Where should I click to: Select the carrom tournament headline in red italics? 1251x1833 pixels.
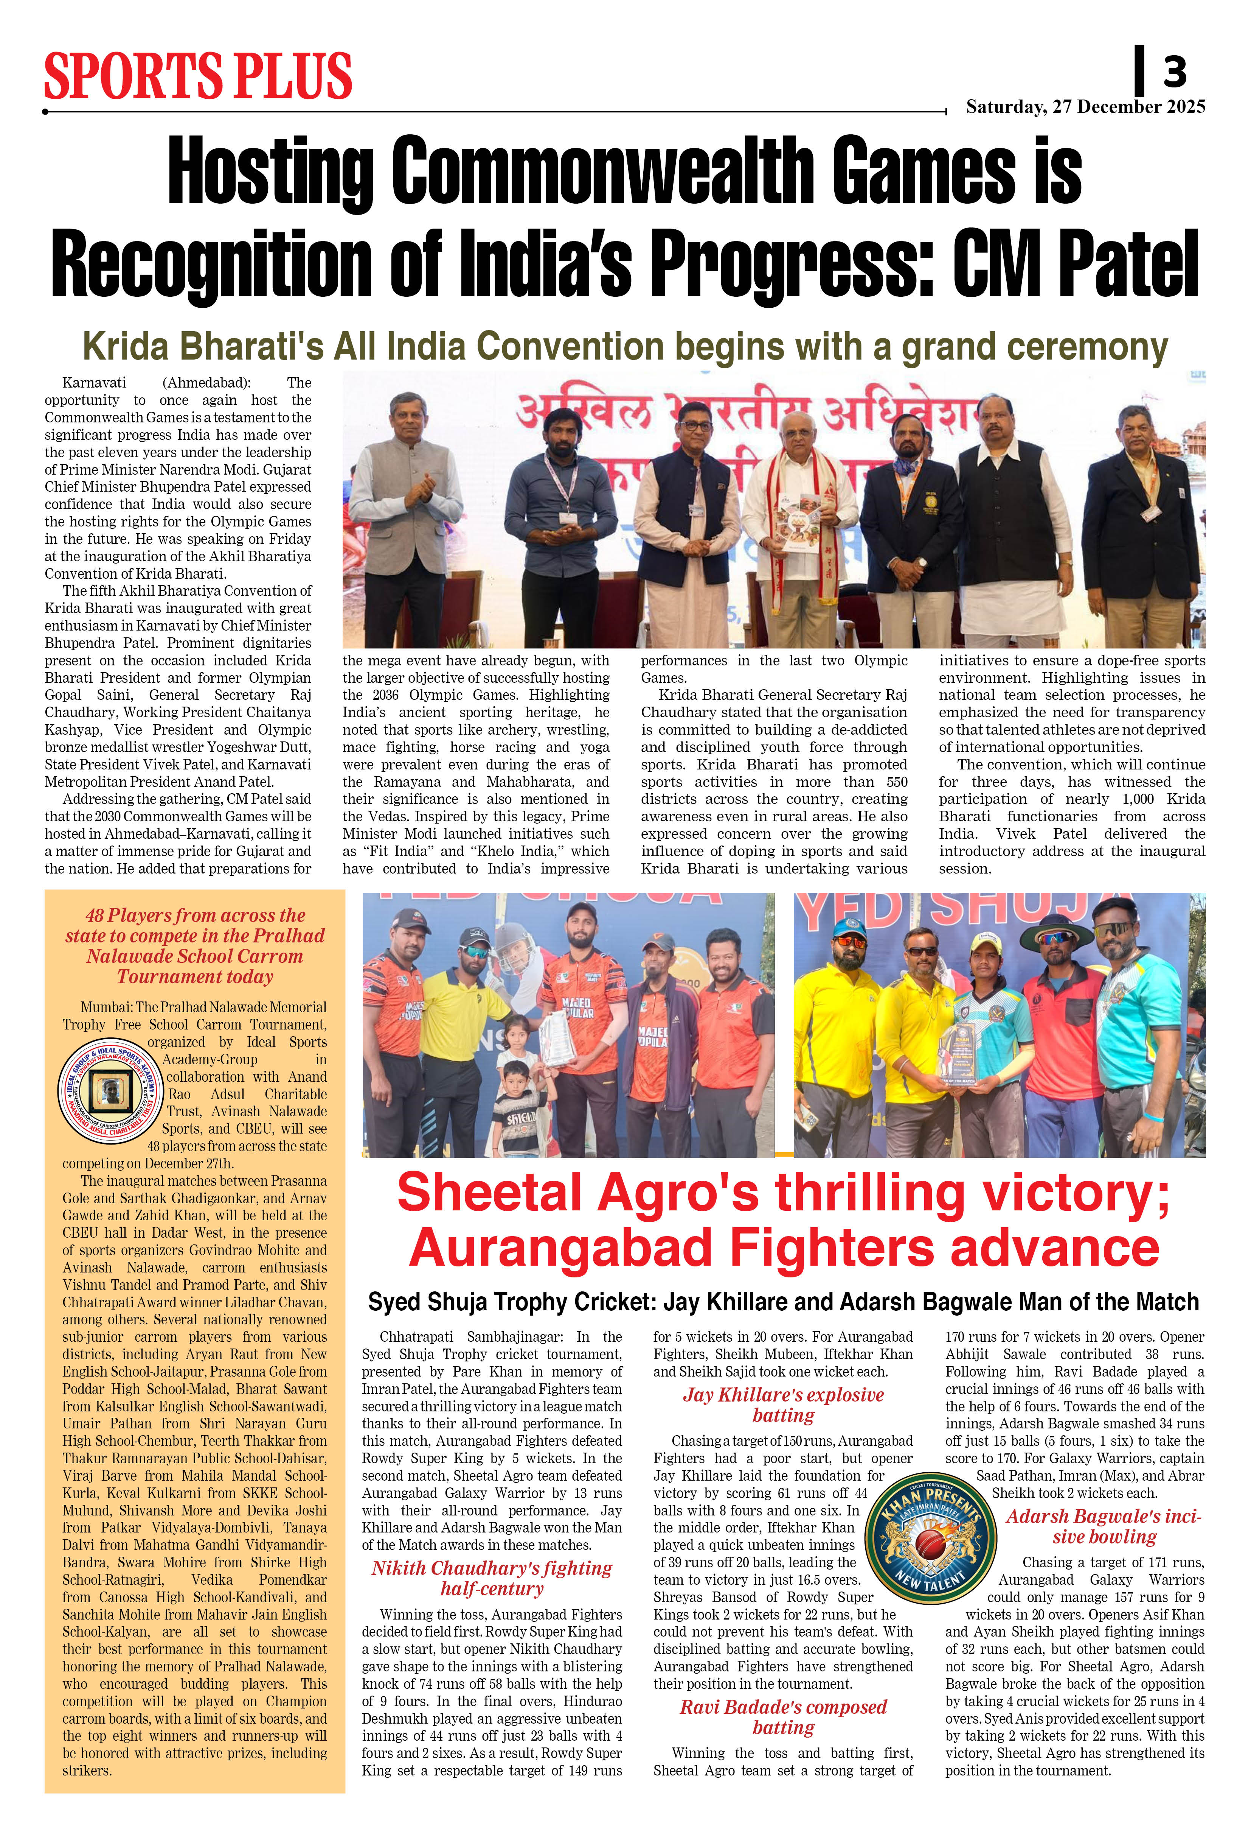point(195,946)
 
